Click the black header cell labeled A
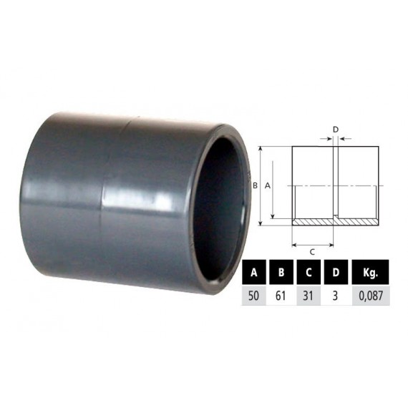pos(254,272)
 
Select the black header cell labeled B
pos(281,272)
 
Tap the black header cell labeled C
pos(309,272)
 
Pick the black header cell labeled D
pos(336,272)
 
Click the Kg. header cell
pos(370,272)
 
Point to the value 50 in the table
pos(253,296)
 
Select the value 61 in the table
pos(281,296)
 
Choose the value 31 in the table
pos(308,296)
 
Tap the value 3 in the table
pos(336,296)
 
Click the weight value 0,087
pos(371,296)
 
